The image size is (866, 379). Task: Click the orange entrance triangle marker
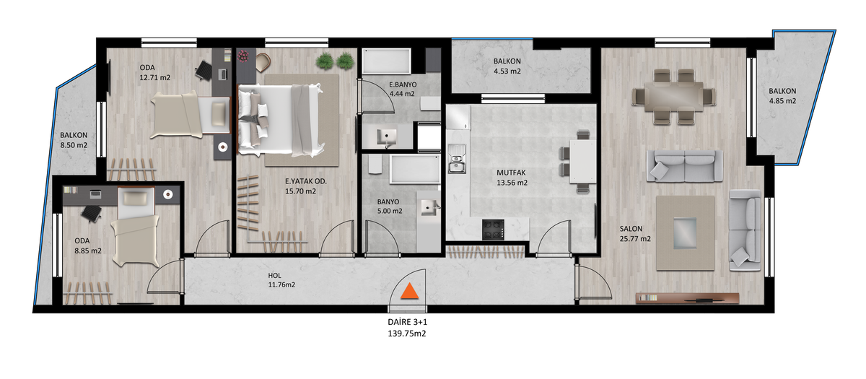point(409,292)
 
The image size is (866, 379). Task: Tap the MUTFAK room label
point(511,173)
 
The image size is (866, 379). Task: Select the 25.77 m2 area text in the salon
point(635,239)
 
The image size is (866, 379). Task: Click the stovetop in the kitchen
point(493,230)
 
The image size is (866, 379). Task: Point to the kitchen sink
point(457,159)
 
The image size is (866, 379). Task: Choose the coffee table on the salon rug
point(685,232)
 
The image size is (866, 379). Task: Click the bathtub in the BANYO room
point(415,170)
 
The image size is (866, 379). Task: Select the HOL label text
point(274,276)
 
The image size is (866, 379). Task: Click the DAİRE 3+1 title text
point(408,322)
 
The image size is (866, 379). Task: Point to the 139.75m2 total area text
point(407,334)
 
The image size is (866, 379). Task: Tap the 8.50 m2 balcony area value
point(74,145)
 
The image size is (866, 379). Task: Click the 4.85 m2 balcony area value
point(782,101)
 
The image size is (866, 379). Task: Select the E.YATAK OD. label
point(306,181)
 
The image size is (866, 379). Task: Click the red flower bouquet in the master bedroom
point(243,56)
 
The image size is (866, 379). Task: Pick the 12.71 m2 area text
point(154,77)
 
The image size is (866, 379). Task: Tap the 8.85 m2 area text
point(88,251)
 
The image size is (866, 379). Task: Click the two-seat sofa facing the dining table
point(684,166)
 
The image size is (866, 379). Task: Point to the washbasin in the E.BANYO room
point(387,137)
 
